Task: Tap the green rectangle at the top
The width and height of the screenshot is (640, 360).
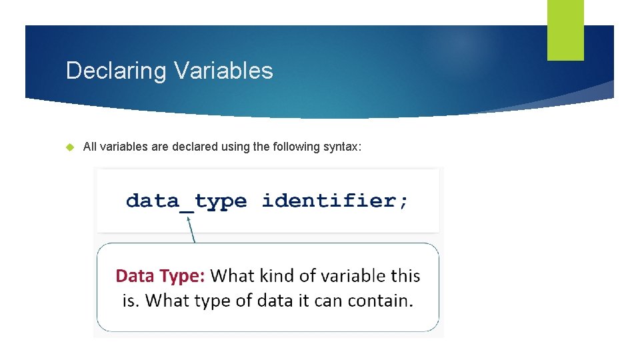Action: pyautogui.click(x=565, y=30)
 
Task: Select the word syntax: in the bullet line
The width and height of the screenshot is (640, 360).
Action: pyautogui.click(x=342, y=147)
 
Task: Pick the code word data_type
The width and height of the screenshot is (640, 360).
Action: pyautogui.click(x=186, y=201)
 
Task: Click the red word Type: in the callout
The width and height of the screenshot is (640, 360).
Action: pyautogui.click(x=185, y=275)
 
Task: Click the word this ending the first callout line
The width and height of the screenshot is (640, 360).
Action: pyautogui.click(x=405, y=275)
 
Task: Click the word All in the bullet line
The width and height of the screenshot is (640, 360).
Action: pyautogui.click(x=90, y=147)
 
